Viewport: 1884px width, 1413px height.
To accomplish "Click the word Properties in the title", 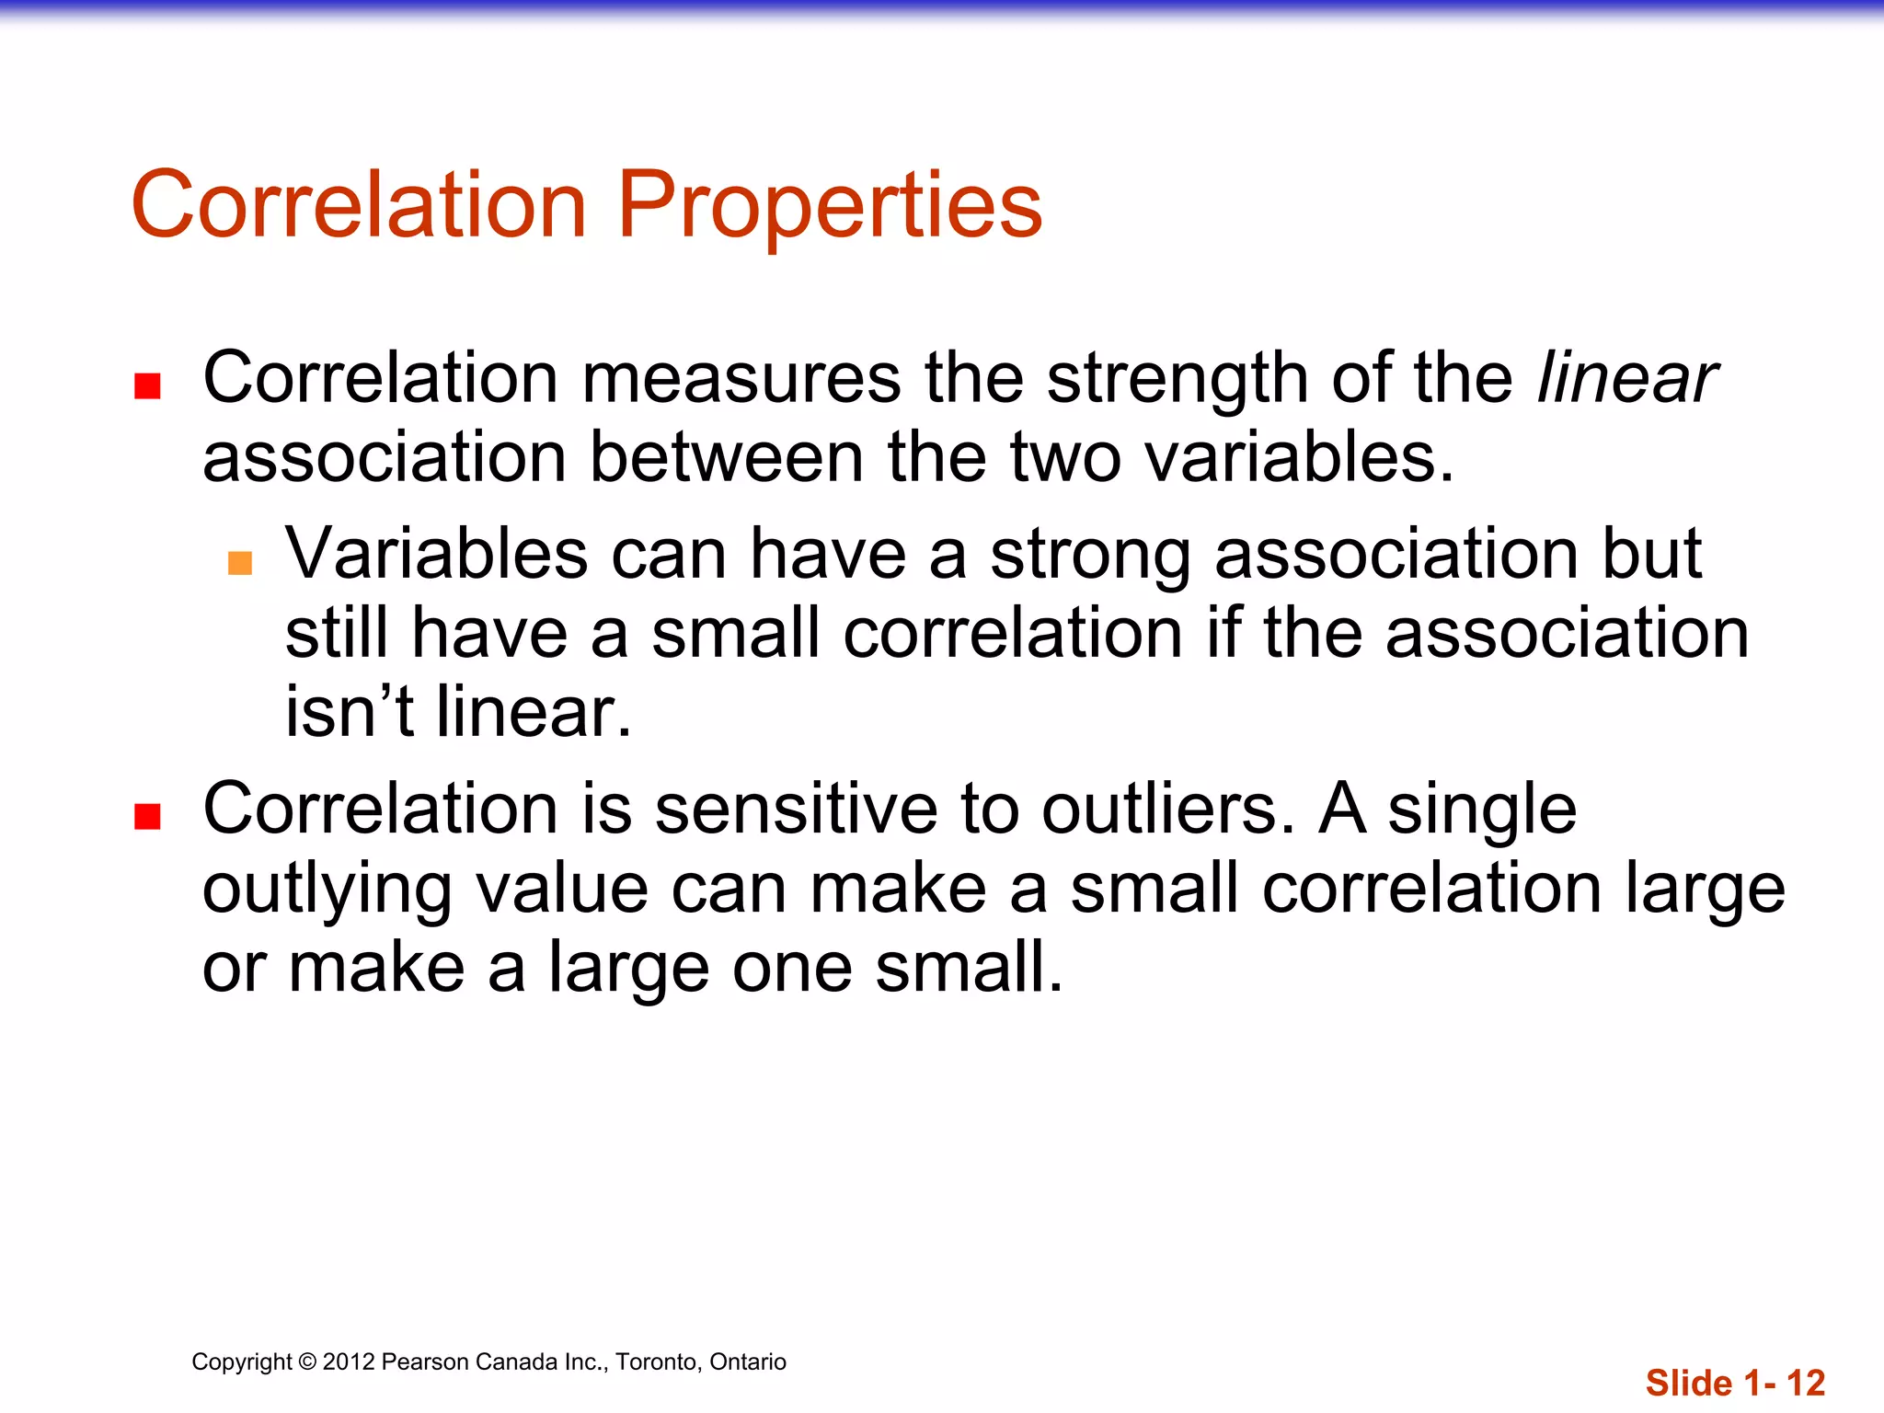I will click(x=830, y=206).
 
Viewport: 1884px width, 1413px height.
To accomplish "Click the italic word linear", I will click(x=1626, y=378).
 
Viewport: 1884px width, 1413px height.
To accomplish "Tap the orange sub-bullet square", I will click(x=240, y=562).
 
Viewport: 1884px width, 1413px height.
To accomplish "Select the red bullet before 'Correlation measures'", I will click(x=148, y=385).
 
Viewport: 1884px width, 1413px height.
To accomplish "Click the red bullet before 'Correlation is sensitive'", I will click(x=148, y=816).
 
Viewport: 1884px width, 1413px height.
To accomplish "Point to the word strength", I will click(x=1177, y=380).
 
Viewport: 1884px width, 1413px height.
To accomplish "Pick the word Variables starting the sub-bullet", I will click(x=437, y=554).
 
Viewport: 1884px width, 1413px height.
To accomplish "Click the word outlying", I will click(x=327, y=890).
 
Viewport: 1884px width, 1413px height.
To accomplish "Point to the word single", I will click(x=1482, y=810).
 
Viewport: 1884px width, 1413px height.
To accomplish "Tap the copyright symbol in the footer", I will click(x=307, y=1361).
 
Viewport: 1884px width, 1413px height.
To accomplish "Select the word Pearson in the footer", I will click(x=420, y=1361).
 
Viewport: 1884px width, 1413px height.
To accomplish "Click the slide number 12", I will click(x=1806, y=1383).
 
